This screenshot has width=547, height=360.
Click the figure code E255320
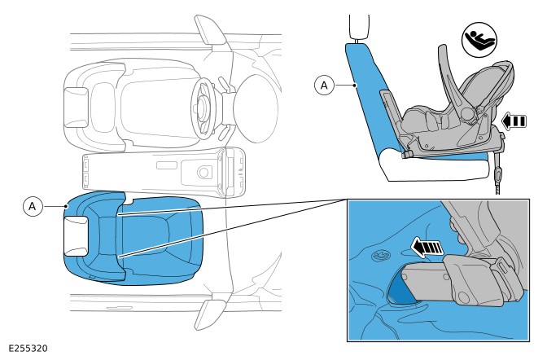pyautogui.click(x=28, y=349)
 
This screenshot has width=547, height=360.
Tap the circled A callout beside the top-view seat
pyautogui.click(x=32, y=206)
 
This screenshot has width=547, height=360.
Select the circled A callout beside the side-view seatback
pyautogui.click(x=324, y=86)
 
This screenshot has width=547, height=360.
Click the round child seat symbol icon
pyautogui.click(x=479, y=40)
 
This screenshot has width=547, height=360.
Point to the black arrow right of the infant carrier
pyautogui.click(x=514, y=121)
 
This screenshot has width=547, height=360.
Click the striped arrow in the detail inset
pyautogui.click(x=427, y=247)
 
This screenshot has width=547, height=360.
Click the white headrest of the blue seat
pyautogui.click(x=76, y=236)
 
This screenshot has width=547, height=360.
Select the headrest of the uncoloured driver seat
pyautogui.click(x=76, y=107)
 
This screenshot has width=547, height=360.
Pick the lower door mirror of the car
pyautogui.click(x=210, y=315)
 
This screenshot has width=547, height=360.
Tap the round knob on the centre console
pyautogui.click(x=204, y=172)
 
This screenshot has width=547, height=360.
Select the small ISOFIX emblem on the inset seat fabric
pyautogui.click(x=381, y=256)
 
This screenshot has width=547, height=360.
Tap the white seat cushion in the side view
pyautogui.click(x=437, y=168)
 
